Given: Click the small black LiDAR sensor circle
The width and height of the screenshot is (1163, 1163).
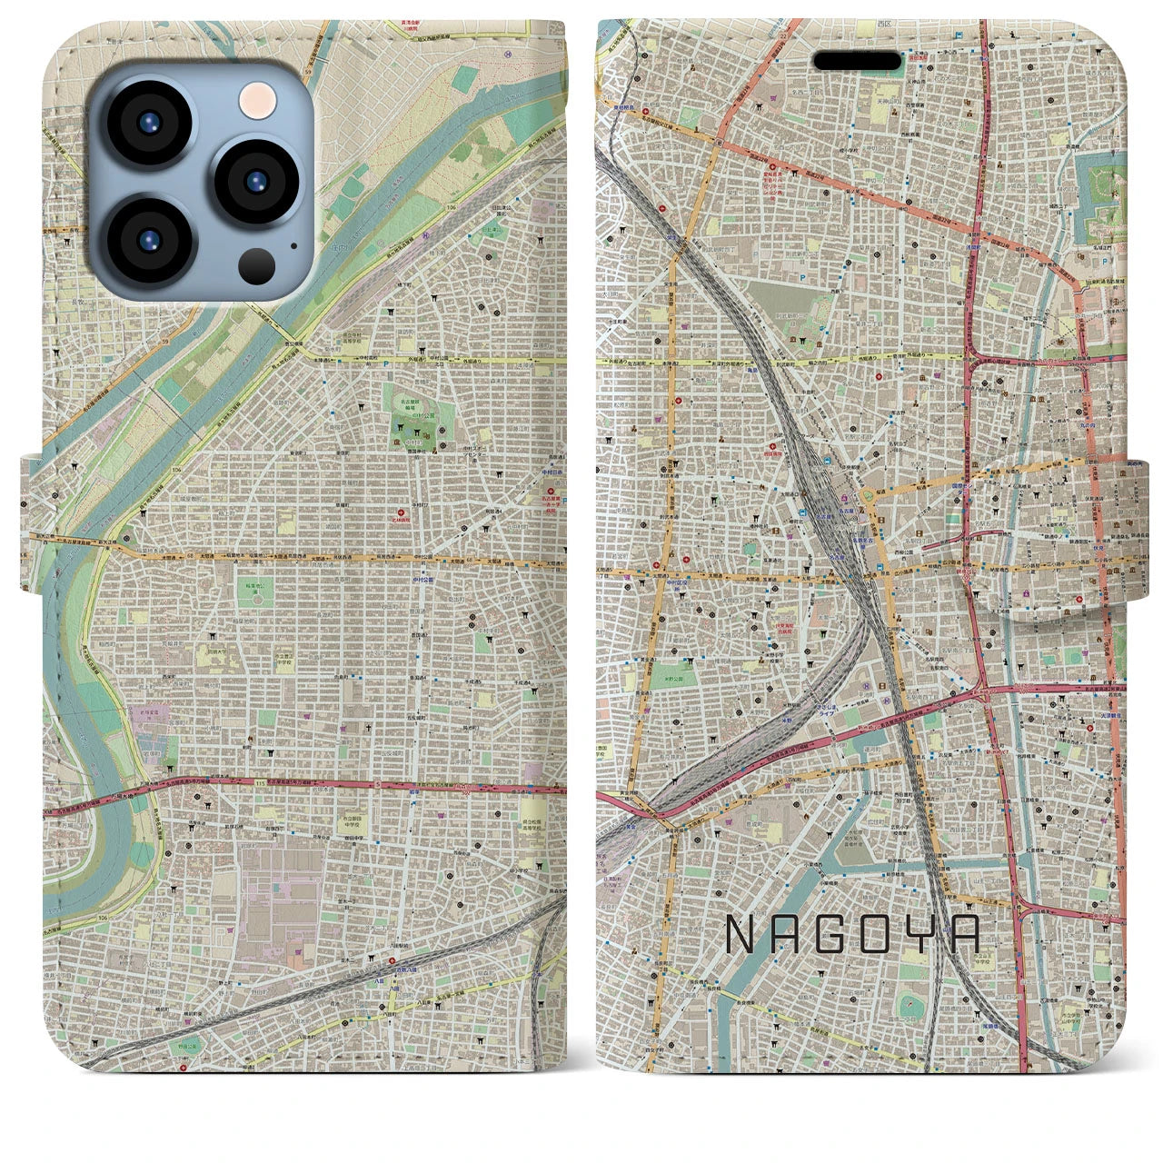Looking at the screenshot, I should (x=257, y=265).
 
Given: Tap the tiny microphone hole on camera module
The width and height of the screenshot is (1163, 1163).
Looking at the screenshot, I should (x=293, y=244).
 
